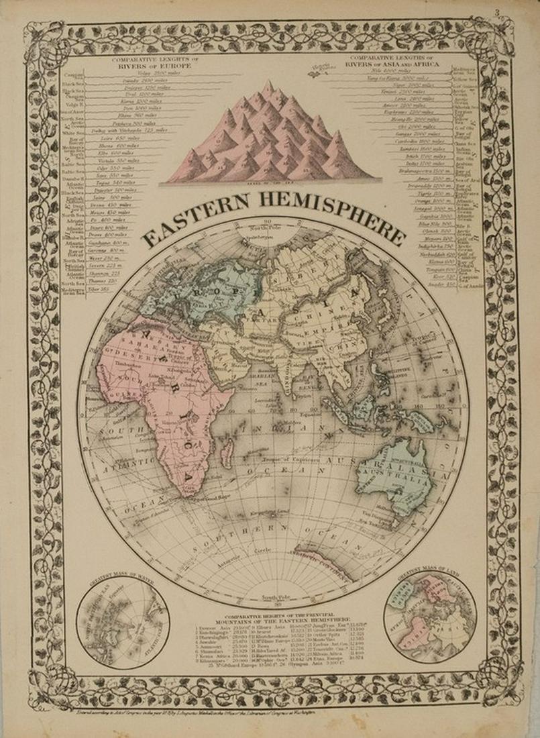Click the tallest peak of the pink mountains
(x=268, y=87)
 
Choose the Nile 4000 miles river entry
(x=376, y=70)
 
